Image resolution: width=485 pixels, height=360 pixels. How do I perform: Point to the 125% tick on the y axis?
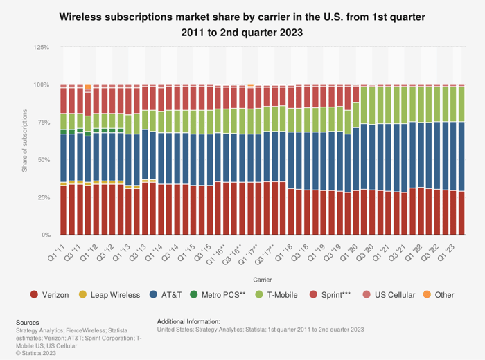[41, 47]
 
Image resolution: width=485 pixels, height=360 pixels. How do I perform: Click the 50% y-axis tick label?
[42, 160]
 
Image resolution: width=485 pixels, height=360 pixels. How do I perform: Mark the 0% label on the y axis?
[44, 235]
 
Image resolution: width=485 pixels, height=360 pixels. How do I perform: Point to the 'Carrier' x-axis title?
[262, 280]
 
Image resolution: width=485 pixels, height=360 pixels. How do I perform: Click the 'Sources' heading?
[28, 322]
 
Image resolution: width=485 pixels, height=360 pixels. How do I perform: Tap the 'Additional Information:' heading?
[188, 322]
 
